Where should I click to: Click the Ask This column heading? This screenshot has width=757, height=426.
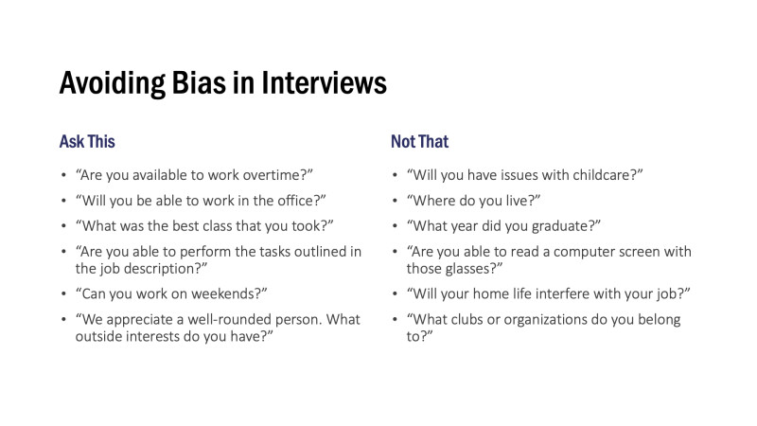(x=87, y=141)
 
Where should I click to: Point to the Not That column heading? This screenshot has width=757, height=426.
(x=419, y=141)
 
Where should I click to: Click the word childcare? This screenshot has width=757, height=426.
(x=607, y=176)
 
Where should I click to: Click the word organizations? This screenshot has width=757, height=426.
(x=543, y=319)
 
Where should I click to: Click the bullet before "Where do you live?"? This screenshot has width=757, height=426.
(x=394, y=202)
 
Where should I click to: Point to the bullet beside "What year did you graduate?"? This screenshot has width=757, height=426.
(x=394, y=226)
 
